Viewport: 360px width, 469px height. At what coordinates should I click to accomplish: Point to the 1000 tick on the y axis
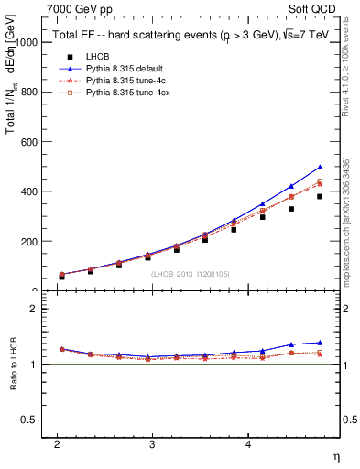(x=25, y=43)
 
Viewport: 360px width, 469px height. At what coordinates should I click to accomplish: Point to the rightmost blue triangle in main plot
(x=320, y=168)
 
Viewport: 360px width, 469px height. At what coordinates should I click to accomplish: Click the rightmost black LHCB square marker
(x=320, y=196)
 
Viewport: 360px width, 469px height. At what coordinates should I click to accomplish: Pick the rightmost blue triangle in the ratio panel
(x=320, y=343)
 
